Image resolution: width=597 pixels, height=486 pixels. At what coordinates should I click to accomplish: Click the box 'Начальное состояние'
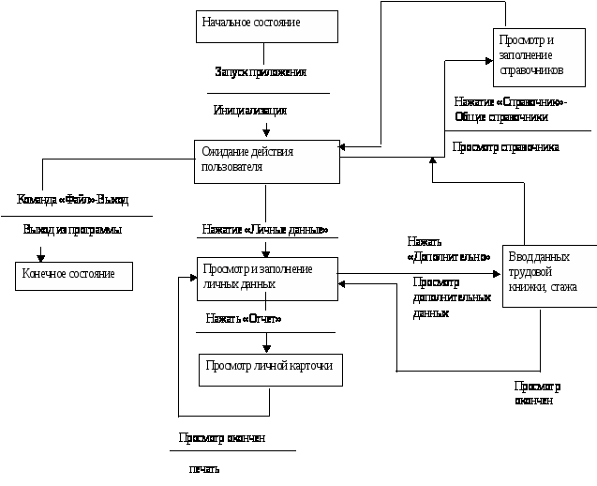267,26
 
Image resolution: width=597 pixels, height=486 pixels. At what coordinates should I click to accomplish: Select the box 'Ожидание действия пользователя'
267,161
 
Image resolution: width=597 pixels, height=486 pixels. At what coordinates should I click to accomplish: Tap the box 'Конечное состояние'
74,276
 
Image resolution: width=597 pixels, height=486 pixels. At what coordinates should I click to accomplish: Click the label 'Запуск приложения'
261,72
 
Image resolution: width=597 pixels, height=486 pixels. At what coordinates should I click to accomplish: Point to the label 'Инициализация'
250,111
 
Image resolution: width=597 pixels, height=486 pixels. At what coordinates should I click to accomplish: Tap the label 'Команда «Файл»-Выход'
73,200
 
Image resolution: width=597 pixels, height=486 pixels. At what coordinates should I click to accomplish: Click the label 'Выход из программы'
73,230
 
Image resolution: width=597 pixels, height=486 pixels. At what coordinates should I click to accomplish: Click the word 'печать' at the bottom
204,468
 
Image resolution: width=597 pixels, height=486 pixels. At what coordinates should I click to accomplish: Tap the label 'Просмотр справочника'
506,147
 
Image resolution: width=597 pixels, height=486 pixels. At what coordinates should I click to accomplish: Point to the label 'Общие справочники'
501,117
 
